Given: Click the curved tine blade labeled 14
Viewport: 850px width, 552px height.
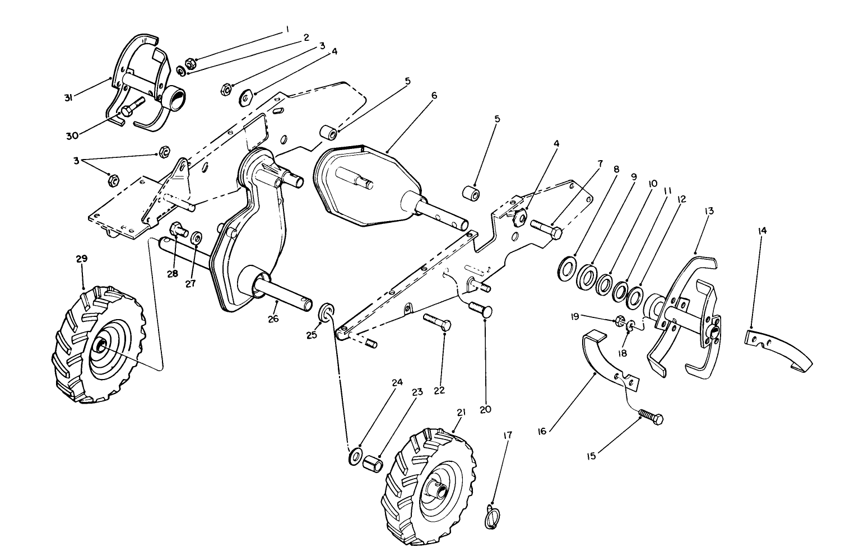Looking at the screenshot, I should (x=778, y=350).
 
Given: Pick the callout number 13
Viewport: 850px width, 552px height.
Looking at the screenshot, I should (x=709, y=211).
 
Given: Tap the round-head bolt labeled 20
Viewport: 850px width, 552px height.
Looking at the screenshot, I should (x=480, y=310).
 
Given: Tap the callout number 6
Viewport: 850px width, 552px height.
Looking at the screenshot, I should (x=433, y=96).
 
